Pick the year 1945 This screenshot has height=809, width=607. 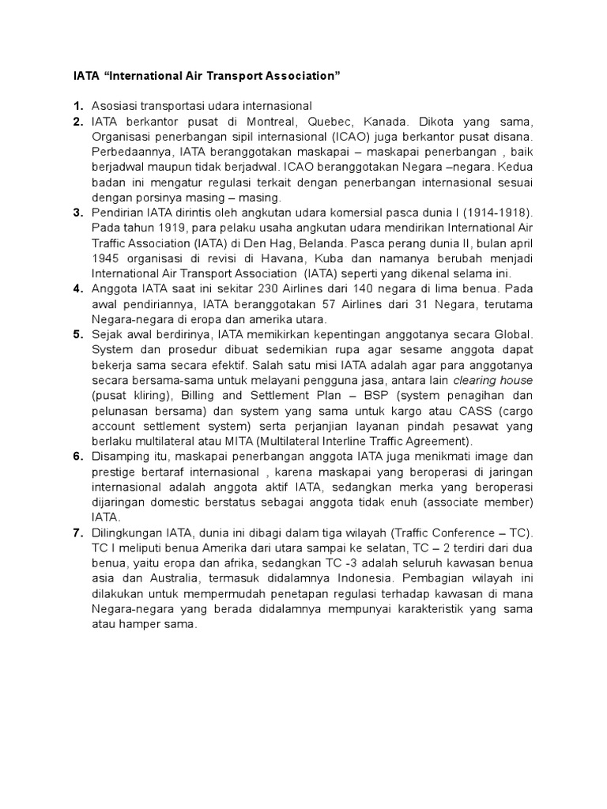(107, 258)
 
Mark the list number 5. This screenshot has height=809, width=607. (78, 334)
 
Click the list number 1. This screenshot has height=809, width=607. (78, 106)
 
